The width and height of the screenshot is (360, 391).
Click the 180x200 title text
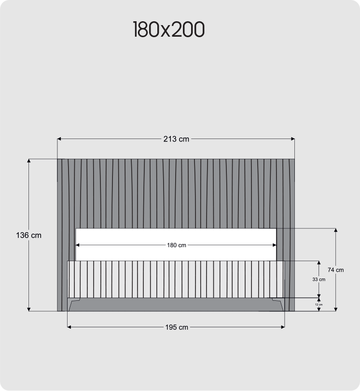[168, 30]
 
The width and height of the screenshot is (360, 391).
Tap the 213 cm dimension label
[176, 139]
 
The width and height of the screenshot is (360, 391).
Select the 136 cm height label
[28, 236]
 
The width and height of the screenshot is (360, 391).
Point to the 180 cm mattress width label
[177, 245]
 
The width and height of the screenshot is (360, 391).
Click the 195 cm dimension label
[177, 327]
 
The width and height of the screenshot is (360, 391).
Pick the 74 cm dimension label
[335, 270]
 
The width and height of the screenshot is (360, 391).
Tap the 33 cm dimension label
[318, 279]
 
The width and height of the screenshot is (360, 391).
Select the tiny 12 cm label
[318, 305]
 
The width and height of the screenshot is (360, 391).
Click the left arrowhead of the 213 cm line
[59, 139]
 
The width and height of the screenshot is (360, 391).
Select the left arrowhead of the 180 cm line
[78, 245]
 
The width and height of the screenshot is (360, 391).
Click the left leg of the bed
[73, 305]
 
